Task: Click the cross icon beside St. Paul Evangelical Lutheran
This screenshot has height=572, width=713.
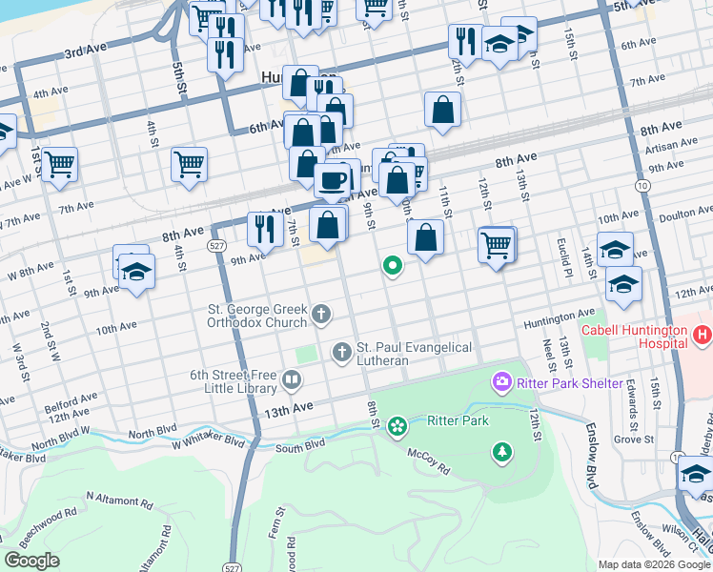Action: click(342, 353)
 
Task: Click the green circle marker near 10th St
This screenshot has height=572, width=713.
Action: click(391, 266)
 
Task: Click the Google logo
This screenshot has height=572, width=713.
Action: click(31, 561)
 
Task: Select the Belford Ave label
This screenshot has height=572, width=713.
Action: click(68, 406)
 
